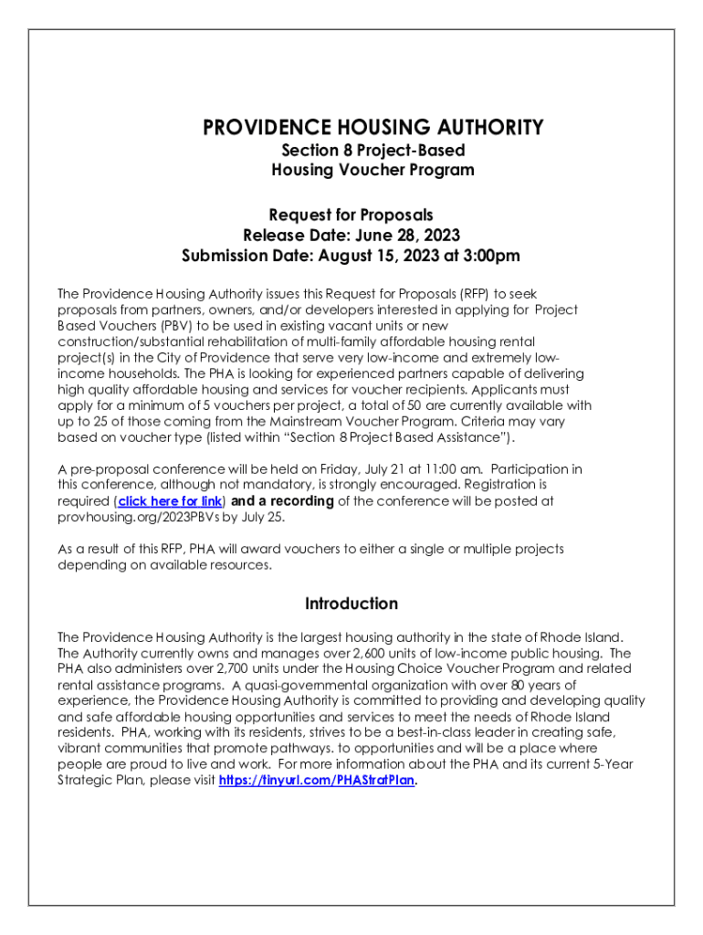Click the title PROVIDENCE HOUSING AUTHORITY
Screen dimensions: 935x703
(372, 127)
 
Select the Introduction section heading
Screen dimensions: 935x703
(351, 604)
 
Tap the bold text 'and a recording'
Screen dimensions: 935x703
(282, 501)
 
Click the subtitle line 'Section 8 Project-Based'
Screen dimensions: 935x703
(372, 150)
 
